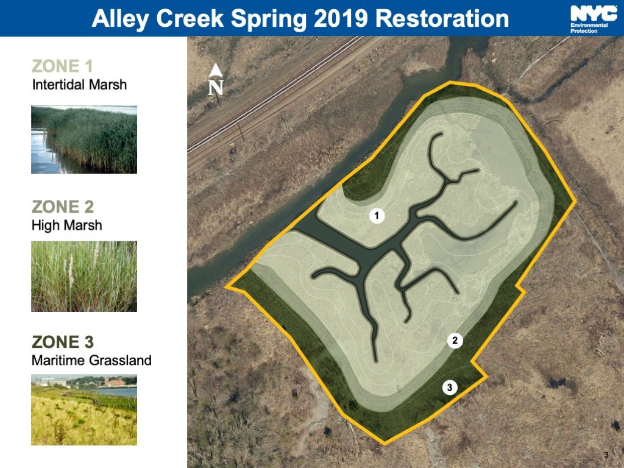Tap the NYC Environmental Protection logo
594,19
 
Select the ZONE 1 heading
62,66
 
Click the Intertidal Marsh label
79,85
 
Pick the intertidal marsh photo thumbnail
84,140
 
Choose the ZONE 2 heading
63,207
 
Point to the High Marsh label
67,225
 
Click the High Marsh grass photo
84,276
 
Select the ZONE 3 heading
63,342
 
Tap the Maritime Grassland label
91,361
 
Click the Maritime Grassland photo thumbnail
84,410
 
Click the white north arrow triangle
216,71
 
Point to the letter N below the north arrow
216,88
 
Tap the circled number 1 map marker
377,216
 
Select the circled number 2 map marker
455,341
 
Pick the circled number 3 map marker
450,388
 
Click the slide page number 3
606,455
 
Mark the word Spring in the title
269,19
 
